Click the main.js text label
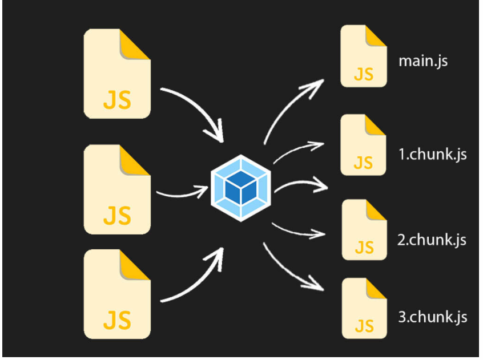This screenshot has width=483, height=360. [422, 60]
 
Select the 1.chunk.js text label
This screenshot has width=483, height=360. [432, 154]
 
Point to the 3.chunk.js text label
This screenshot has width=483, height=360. [432, 317]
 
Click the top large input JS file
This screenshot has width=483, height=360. [117, 74]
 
